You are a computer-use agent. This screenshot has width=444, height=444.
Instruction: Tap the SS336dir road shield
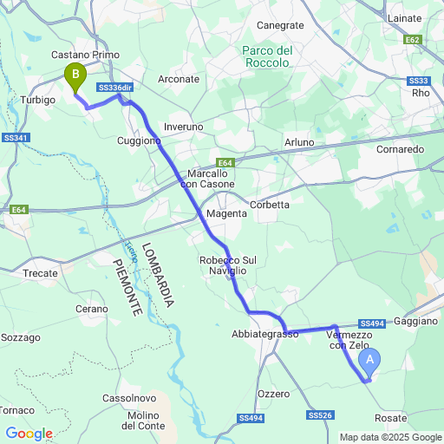[115, 88]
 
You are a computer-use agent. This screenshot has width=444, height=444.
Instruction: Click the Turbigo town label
[37, 100]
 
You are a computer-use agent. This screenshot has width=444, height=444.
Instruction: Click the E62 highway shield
[413, 40]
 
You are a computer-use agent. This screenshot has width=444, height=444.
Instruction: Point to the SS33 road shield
[418, 81]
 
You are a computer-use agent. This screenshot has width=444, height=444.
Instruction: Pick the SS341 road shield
[16, 139]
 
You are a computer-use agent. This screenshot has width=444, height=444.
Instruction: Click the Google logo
[29, 433]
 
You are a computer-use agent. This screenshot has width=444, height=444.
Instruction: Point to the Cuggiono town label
[139, 140]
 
